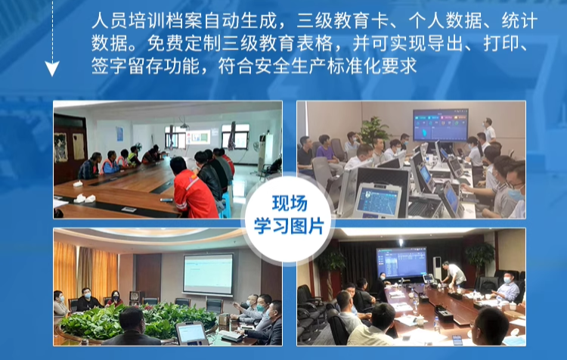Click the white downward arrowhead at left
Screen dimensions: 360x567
(x=51, y=70)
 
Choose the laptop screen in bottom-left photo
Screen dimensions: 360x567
(x=191, y=333)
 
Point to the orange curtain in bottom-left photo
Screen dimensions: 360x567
(x=65, y=268)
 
